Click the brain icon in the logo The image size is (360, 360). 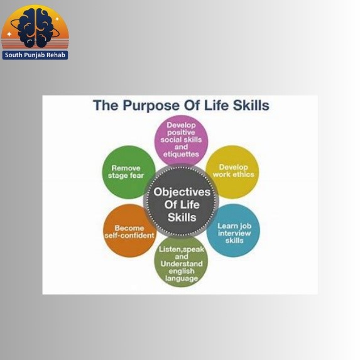click(36, 28)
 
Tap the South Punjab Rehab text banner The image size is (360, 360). click(35, 55)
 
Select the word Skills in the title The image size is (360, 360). click(251, 106)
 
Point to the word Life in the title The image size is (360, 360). click(216, 106)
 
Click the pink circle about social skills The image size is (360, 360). click(181, 141)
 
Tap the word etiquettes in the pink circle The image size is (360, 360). click(181, 154)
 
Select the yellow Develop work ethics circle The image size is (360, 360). click(232, 172)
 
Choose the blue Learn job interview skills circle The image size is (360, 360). click(233, 231)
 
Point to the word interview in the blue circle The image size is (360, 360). click(234, 233)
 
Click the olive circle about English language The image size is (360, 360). click(181, 262)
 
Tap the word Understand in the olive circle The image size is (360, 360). click(182, 264)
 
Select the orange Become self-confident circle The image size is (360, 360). click(129, 231)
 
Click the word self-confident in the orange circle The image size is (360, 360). click(129, 236)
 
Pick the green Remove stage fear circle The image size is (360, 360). click(129, 172)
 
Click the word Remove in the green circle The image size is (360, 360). click(126, 168)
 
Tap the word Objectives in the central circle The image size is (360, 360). click(182, 192)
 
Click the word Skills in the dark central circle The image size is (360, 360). click(182, 217)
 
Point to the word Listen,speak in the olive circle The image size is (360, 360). click(182, 249)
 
